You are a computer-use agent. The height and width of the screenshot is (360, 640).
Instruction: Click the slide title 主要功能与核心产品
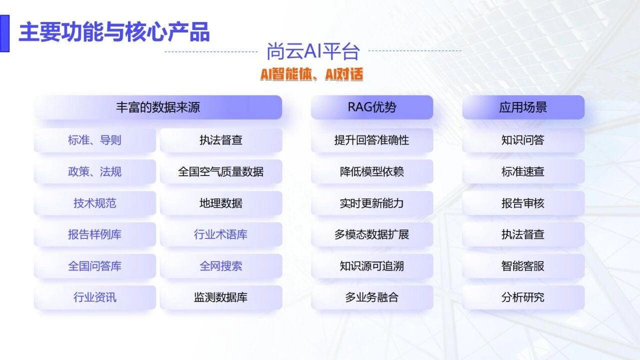(x=114, y=32)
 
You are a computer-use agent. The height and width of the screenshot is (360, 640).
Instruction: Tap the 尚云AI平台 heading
(x=313, y=51)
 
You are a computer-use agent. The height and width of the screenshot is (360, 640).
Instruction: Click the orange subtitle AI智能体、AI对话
(x=311, y=74)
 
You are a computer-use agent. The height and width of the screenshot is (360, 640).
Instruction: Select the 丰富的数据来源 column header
(x=158, y=107)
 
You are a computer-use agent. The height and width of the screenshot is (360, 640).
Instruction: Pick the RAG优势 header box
(x=372, y=107)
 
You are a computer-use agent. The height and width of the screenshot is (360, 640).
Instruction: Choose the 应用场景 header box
(x=523, y=107)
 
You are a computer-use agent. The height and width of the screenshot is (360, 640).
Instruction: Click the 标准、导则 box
(x=95, y=140)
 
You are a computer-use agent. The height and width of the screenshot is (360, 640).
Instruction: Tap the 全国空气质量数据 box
(x=221, y=171)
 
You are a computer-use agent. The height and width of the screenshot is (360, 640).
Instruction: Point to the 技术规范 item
(x=95, y=203)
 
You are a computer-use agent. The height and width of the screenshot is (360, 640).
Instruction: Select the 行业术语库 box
(x=221, y=234)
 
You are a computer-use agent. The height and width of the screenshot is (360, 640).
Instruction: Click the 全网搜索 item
(x=221, y=266)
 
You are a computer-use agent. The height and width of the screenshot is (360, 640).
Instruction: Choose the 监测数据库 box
(x=221, y=297)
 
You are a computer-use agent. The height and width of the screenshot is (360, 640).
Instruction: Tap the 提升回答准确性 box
(x=372, y=140)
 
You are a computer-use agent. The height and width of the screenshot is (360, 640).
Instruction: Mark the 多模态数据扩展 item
(x=372, y=234)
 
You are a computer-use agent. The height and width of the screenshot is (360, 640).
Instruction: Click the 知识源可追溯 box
(x=372, y=266)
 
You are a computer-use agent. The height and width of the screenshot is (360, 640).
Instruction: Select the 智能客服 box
(x=523, y=266)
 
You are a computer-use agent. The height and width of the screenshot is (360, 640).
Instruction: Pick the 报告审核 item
(x=523, y=203)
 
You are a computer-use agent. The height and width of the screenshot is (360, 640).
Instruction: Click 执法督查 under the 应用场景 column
(x=523, y=234)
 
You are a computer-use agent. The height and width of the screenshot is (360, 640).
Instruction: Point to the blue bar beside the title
(x=4, y=33)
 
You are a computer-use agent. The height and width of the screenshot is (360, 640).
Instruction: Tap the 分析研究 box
(x=523, y=297)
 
